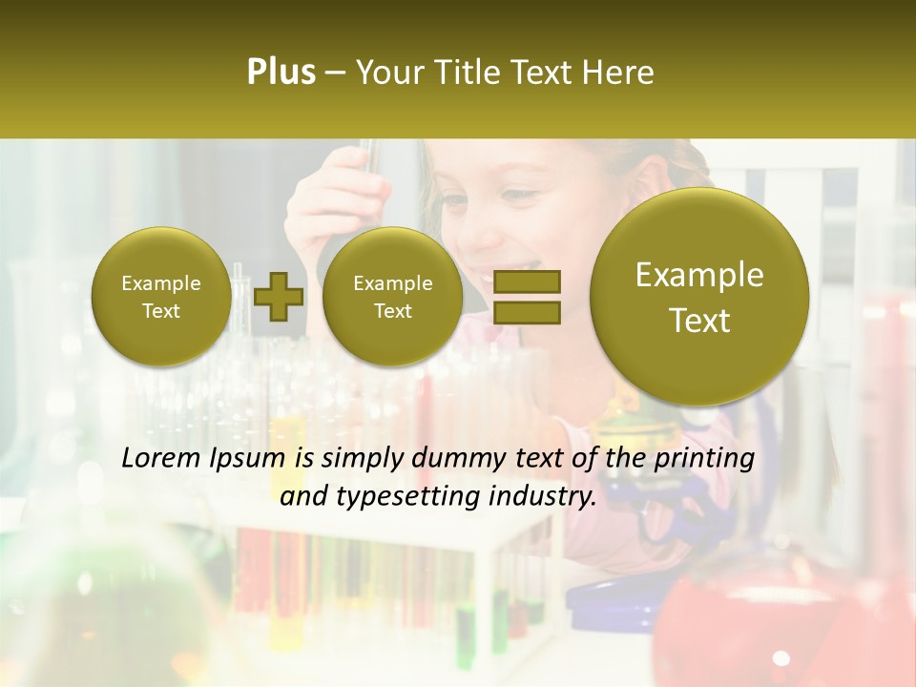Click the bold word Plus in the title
281,73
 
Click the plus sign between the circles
279,297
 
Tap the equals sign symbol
526,297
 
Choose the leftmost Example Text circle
160,297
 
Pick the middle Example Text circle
392,297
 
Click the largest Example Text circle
699,297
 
